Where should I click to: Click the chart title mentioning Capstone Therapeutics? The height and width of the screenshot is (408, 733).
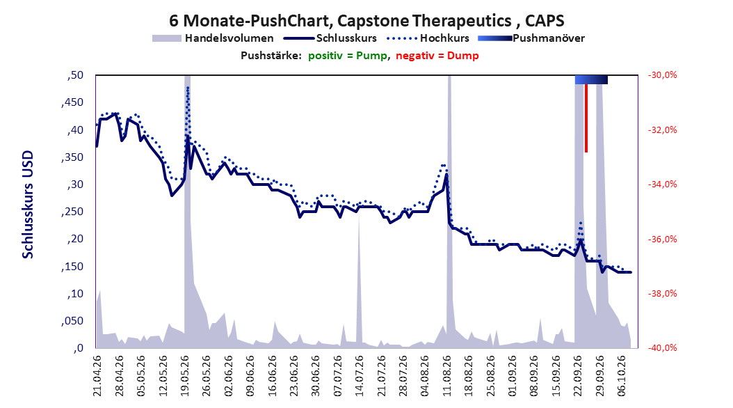(366, 21)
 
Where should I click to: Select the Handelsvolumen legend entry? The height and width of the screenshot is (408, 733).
(214, 38)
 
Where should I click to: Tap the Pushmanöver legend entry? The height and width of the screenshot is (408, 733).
(531, 38)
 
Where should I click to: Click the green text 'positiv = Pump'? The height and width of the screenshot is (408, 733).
(347, 56)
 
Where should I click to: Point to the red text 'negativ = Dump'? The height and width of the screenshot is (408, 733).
(437, 56)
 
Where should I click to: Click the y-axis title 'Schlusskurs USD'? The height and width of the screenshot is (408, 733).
(28, 204)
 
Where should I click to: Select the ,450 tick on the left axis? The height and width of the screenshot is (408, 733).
(72, 102)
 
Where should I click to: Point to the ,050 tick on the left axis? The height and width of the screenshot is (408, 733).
(72, 321)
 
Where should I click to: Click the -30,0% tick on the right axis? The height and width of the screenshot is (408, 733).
(662, 75)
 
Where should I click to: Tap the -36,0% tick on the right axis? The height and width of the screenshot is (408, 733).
(662, 239)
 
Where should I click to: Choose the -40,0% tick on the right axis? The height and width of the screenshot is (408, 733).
(662, 348)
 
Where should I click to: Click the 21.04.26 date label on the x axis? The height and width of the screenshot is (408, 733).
(97, 376)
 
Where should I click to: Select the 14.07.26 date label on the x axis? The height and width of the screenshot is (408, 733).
(359, 376)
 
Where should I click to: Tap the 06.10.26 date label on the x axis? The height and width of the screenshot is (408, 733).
(622, 376)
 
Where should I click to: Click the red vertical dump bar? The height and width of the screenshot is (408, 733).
(586, 118)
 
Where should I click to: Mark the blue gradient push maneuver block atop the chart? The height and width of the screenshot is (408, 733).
(591, 79)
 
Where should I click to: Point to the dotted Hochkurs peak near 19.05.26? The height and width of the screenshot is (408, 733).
(188, 88)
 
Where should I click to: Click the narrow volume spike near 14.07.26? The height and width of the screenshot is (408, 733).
(359, 281)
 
